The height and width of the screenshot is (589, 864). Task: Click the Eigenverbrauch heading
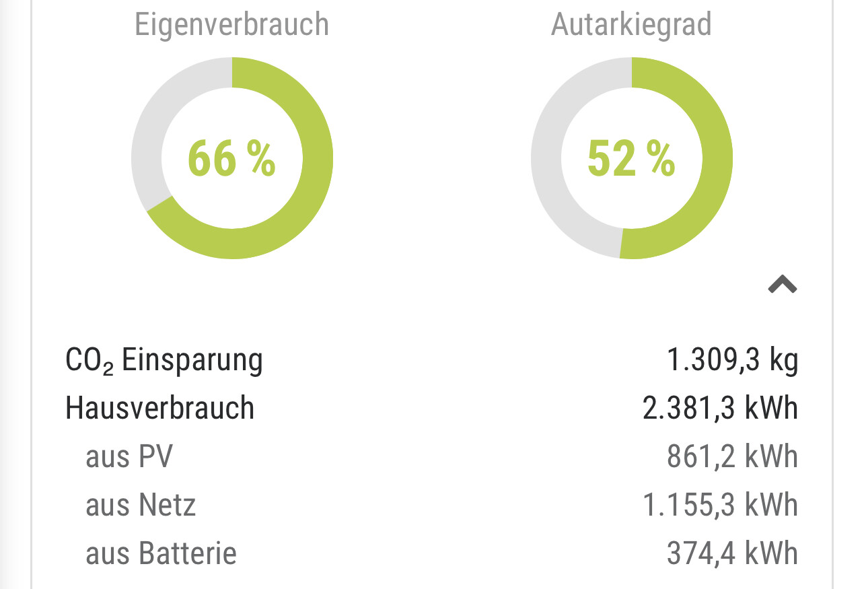tap(231, 25)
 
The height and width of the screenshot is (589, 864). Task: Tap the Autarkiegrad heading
tap(631, 25)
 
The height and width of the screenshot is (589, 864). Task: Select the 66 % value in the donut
tap(231, 159)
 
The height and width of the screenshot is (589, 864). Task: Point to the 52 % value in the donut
tap(631, 159)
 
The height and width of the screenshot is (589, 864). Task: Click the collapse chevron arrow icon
tap(783, 285)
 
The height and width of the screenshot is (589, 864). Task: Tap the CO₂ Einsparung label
tap(164, 360)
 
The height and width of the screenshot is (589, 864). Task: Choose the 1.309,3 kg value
tap(732, 360)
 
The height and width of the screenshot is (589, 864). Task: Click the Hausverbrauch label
tap(159, 408)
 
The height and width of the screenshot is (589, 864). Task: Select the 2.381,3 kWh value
tap(720, 408)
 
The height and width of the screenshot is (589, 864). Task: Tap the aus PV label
tap(129, 456)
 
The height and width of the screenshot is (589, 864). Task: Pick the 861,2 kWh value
tap(732, 456)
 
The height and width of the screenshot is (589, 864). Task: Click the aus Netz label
tap(140, 505)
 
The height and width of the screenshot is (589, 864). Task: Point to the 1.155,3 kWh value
tap(720, 505)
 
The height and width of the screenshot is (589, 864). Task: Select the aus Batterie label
tap(161, 553)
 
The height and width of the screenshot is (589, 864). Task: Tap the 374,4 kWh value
tap(732, 553)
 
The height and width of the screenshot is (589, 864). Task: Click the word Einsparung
tap(192, 360)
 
